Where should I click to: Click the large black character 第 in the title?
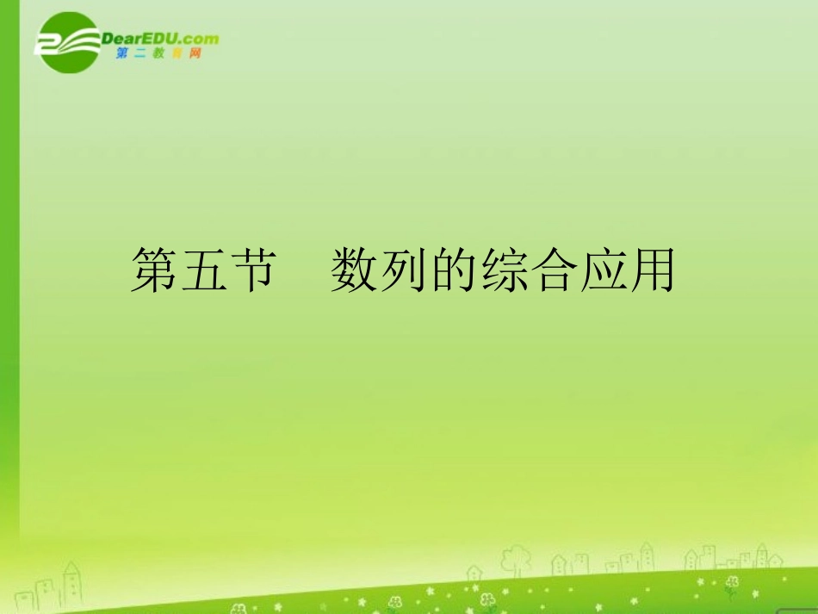[154, 270]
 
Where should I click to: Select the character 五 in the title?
[204, 270]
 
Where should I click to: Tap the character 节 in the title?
[253, 270]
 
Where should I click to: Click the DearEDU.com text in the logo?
[159, 39]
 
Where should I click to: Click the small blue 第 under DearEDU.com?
[120, 53]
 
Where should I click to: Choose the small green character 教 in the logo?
[158, 53]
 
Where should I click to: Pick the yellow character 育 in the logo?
[177, 53]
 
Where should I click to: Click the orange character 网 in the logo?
[195, 53]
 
